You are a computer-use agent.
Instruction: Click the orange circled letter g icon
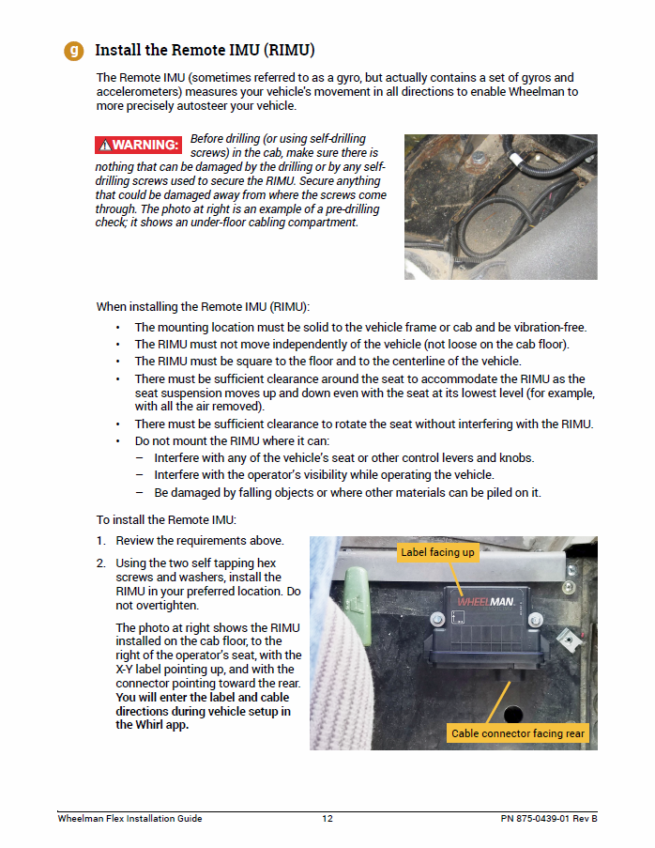click(74, 50)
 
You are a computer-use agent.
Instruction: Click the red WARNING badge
click(138, 145)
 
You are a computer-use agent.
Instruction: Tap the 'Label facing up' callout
click(437, 552)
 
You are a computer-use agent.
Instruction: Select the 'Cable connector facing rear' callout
click(517, 732)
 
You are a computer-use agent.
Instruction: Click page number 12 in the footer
click(327, 819)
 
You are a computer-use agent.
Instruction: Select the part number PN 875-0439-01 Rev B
click(548, 819)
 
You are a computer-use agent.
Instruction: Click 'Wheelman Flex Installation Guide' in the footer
click(129, 819)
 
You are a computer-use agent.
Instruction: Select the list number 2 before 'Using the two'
click(100, 563)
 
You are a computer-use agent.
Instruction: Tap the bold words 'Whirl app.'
click(152, 725)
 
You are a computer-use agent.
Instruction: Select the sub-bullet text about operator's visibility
click(324, 475)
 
